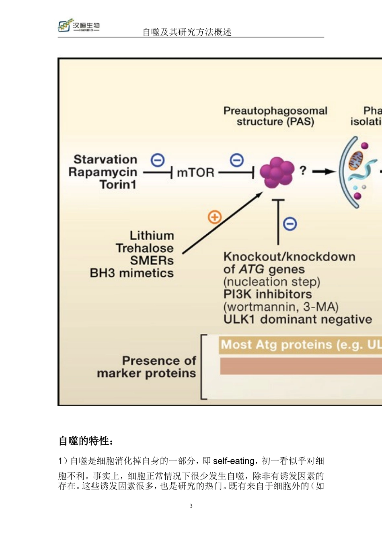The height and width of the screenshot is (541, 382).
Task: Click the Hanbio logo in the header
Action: [79, 26]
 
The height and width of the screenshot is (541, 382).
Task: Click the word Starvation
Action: [105, 159]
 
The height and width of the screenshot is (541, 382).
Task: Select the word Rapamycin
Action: [103, 172]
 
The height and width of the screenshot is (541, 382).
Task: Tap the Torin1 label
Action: [118, 185]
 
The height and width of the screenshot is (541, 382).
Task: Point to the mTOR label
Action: [195, 173]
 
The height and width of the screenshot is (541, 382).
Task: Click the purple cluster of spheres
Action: [277, 172]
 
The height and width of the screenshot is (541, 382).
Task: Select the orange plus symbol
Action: [215, 217]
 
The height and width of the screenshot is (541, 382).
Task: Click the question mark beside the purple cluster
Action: [303, 171]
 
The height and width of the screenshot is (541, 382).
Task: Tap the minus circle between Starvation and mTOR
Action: [158, 160]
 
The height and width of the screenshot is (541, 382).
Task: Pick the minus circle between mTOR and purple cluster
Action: [237, 160]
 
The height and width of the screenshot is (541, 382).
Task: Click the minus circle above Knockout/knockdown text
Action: [290, 223]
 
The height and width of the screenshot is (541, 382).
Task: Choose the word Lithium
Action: [152, 235]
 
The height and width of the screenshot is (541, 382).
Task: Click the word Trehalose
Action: [145, 248]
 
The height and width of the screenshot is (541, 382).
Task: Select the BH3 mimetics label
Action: [132, 273]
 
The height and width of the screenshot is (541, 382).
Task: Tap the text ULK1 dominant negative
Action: [298, 319]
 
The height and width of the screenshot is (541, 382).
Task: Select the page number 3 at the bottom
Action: [191, 506]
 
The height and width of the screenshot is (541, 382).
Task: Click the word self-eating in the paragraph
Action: [234, 461]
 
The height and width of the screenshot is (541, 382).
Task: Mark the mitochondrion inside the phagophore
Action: [355, 160]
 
